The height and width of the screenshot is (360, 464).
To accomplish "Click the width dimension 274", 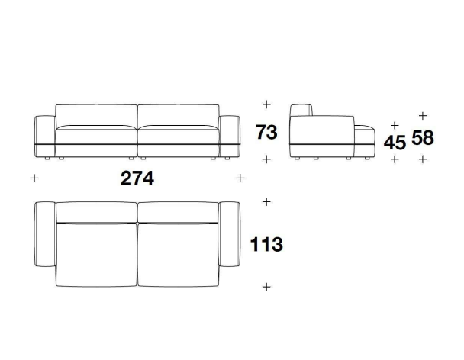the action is coord(137,178).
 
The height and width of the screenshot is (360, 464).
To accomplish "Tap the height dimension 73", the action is coord(266,132).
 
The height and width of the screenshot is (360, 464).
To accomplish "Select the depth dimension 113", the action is coord(266,244).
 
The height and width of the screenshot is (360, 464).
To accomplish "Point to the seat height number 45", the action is coord(395,143).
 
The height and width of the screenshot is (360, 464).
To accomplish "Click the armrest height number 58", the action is coord(423,137).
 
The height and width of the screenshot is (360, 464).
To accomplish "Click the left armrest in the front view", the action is coord(45,137).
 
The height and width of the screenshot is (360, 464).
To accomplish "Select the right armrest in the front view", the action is coord(230,137).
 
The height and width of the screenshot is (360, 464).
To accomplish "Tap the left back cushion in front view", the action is coord(96,115).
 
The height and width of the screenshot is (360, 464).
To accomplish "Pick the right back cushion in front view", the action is coord(179,115).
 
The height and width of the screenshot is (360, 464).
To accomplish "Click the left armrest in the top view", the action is coord(45,234).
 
